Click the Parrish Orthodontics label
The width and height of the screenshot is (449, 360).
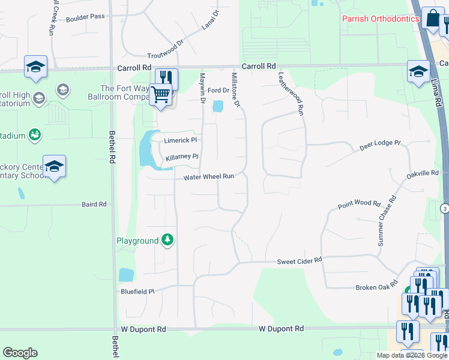click(x=380, y=19)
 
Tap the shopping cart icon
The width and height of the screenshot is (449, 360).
click(x=160, y=95)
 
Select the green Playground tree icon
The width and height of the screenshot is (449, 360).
click(x=168, y=241)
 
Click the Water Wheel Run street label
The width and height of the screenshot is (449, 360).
click(x=208, y=177)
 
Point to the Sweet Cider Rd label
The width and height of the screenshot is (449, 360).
click(x=300, y=261)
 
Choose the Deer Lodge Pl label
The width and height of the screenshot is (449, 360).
click(x=379, y=143)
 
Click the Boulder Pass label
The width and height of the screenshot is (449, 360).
click(x=85, y=17)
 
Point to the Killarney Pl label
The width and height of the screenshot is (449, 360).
click(x=182, y=157)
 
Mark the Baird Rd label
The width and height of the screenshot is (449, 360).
click(x=94, y=205)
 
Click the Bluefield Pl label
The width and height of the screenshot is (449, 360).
click(x=137, y=291)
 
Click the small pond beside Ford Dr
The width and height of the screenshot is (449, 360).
click(x=218, y=106)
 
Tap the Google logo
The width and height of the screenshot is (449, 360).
click(x=20, y=353)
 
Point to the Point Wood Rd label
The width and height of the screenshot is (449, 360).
click(x=359, y=205)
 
